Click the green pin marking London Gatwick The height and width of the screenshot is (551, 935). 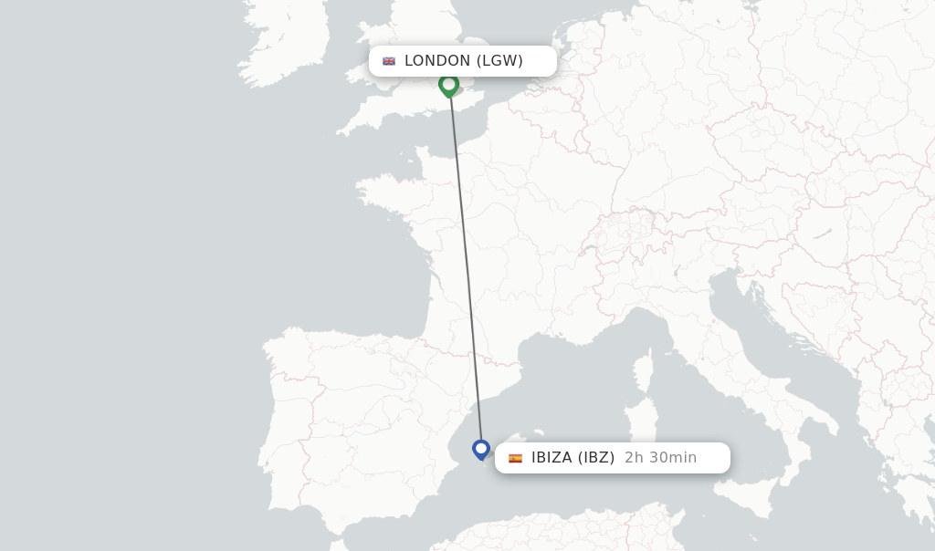pos(448,85)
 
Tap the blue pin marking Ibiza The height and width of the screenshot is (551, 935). pos(481,449)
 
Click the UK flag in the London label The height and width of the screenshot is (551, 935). pos(389,61)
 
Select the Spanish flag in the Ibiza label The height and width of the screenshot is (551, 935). pos(515,458)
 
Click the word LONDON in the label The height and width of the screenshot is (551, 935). pos(437,61)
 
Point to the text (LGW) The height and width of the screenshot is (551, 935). pos(499,61)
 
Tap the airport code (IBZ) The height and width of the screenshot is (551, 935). pos(596,458)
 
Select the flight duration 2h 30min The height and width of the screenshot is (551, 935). pos(660,458)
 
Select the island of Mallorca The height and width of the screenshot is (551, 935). pos(533,439)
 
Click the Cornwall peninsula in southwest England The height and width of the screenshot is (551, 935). pos(361,119)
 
